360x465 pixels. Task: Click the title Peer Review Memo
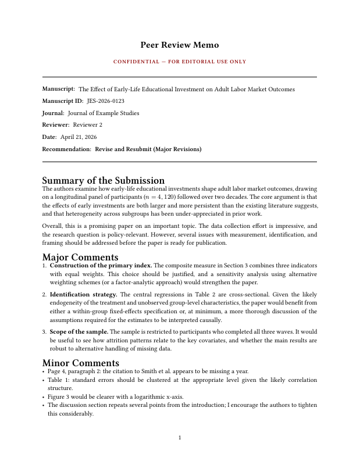click(x=180, y=45)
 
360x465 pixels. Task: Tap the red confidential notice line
click(x=180, y=62)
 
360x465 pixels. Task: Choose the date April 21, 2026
click(x=79, y=137)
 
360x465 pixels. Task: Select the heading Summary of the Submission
click(x=104, y=180)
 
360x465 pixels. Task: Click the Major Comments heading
click(x=80, y=256)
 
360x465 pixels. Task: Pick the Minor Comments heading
click(x=80, y=363)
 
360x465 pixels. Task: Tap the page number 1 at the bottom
click(x=180, y=437)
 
